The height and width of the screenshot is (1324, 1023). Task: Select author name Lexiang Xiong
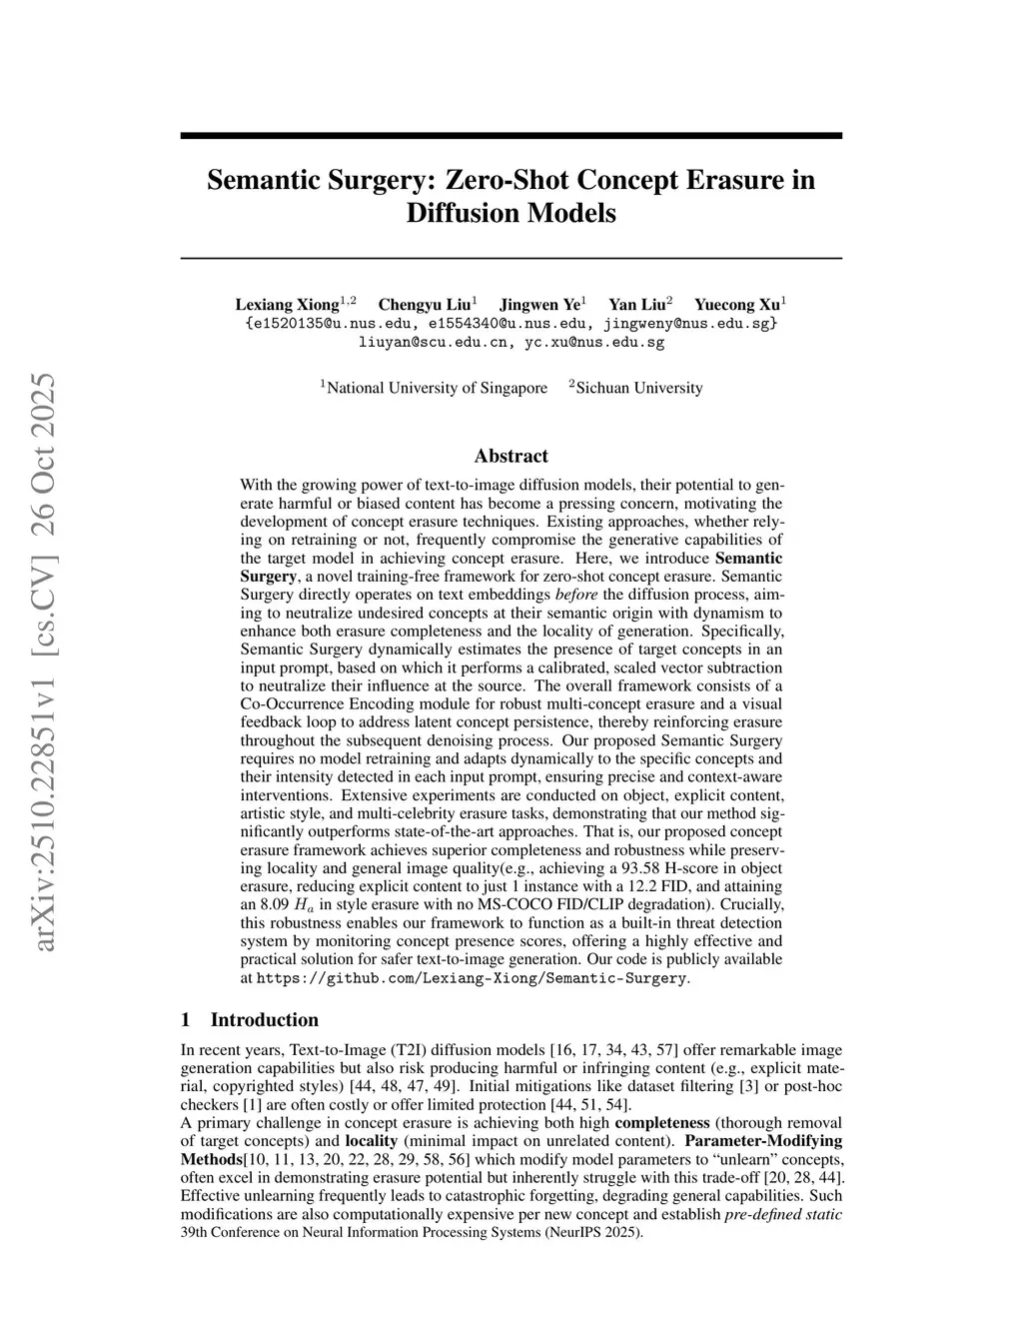tap(288, 304)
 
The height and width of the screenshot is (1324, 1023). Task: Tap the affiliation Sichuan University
tap(639, 388)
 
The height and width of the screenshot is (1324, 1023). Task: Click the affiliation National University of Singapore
tap(437, 388)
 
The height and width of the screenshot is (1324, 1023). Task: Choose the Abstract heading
tap(511, 456)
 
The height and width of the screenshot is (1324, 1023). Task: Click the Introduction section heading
tap(264, 1019)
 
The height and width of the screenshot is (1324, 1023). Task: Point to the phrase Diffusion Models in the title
tap(511, 213)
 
